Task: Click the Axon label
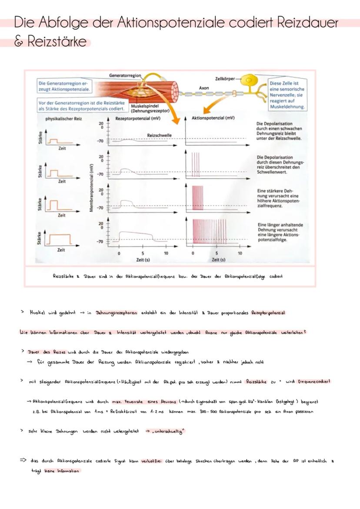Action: [204, 88]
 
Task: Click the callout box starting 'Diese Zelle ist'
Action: [287, 94]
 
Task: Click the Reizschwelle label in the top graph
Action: [159, 135]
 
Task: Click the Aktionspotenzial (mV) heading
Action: [213, 118]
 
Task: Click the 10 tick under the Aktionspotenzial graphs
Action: [240, 253]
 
